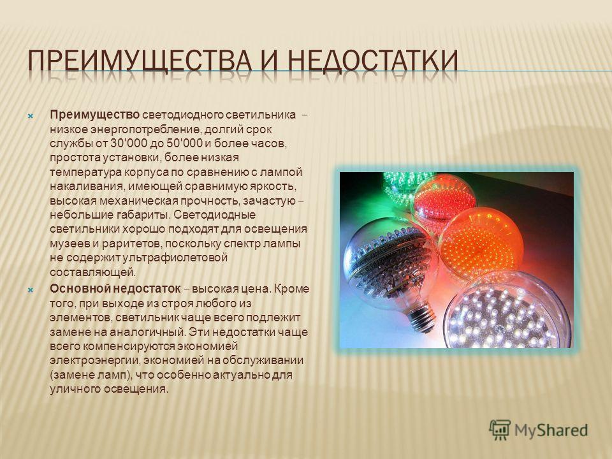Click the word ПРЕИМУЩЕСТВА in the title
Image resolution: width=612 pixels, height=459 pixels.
140,61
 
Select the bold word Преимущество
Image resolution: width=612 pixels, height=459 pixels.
95,115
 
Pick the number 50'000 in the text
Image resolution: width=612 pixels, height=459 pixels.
184,143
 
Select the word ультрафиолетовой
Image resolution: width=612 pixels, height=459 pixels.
175,258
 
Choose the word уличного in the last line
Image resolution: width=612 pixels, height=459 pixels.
75,389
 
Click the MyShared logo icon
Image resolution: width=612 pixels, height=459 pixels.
500,430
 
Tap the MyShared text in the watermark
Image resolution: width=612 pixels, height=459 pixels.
551,430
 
